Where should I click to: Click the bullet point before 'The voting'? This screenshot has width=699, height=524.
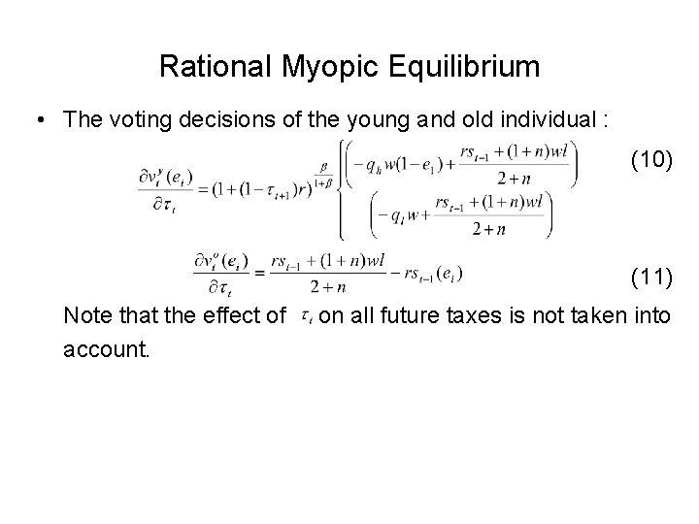pyautogui.click(x=39, y=120)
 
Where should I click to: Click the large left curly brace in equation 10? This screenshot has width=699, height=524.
pyautogui.click(x=341, y=188)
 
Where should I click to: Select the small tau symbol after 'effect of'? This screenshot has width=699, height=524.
pyautogui.click(x=306, y=314)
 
